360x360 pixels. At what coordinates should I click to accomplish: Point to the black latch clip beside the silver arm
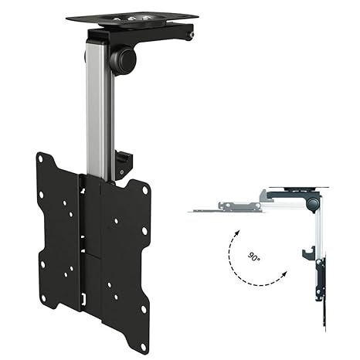coord(124,163)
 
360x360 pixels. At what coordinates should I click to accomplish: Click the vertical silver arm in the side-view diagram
coord(319,232)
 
